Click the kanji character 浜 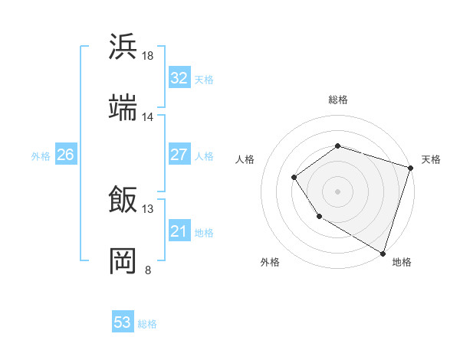(123, 46)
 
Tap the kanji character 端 (123, 108)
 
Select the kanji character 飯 (123, 200)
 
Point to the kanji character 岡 (123, 261)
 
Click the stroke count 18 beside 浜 (148, 56)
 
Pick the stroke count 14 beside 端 (148, 117)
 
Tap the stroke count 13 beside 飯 (148, 209)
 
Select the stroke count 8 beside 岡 (148, 270)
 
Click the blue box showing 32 (179, 78)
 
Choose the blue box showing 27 (179, 155)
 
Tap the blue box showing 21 (179, 231)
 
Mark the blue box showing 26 (65, 155)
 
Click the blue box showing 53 (123, 322)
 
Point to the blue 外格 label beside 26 (41, 156)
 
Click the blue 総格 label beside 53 (147, 324)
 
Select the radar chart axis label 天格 (431, 159)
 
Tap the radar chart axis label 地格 (402, 263)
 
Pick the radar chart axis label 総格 (337, 100)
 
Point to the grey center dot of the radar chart (337, 191)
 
